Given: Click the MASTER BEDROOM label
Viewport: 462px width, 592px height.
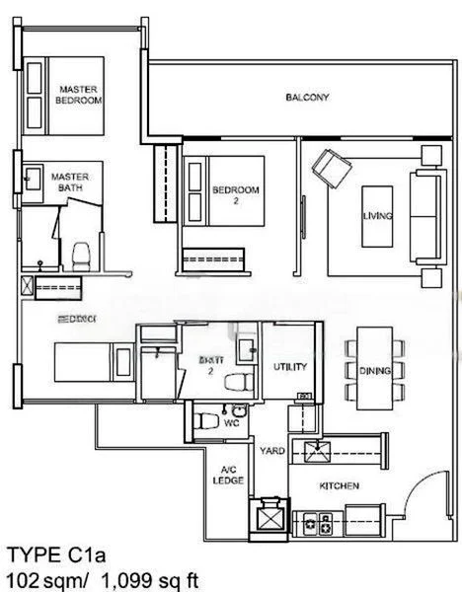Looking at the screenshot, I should click(x=79, y=94).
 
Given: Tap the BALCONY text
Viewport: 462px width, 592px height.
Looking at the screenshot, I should click(x=307, y=98).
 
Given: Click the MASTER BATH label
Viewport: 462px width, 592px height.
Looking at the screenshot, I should click(x=70, y=183).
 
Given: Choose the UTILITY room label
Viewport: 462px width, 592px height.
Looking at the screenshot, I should click(x=290, y=367).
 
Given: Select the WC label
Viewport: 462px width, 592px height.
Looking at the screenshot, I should click(x=231, y=422).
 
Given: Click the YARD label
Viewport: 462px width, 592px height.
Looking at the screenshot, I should click(x=272, y=451).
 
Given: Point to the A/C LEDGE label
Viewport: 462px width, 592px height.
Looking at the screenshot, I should click(x=227, y=476).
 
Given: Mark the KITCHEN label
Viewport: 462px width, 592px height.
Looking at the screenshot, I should click(x=339, y=486).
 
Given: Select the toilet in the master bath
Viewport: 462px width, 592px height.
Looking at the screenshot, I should click(x=82, y=254).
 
